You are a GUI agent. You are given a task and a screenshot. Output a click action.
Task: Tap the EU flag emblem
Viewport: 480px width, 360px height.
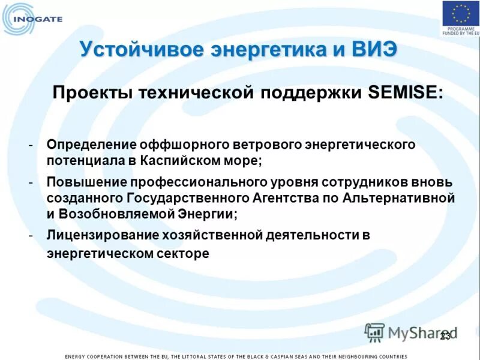460,14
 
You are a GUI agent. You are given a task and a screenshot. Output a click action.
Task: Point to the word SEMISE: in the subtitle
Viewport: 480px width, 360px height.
405,93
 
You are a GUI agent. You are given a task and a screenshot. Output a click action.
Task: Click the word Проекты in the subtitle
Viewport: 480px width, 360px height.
92,93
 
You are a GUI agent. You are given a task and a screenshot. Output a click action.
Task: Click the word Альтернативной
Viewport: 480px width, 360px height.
400,197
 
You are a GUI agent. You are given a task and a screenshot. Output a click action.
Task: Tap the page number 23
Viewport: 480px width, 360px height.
445,336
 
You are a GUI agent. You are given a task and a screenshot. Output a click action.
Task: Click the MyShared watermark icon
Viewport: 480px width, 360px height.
374,332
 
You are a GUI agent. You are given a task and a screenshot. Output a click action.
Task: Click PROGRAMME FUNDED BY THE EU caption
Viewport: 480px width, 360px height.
460,34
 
